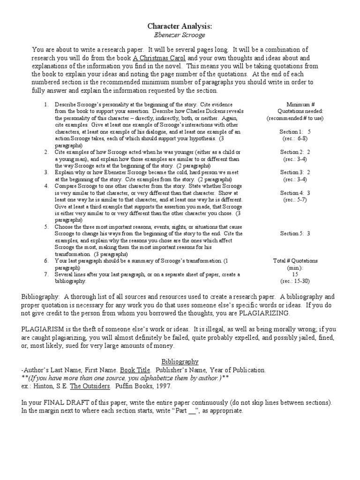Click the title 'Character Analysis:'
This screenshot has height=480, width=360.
180,26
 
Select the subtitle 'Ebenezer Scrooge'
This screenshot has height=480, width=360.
180,35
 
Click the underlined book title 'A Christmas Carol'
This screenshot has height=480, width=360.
146,58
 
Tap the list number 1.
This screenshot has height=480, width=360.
46,105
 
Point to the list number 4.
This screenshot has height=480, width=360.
46,186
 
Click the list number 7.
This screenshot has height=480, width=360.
46,274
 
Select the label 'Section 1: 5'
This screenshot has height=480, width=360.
295,132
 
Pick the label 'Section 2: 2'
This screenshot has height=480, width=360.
295,152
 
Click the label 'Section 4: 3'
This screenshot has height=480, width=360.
295,193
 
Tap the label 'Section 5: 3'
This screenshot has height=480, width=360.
295,233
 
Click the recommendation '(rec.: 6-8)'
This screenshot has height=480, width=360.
295,139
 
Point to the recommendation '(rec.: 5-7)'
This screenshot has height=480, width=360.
295,200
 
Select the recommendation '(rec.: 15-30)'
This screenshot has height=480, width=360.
295,281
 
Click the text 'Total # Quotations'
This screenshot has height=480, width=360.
295,261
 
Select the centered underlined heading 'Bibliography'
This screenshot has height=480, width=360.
180,361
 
